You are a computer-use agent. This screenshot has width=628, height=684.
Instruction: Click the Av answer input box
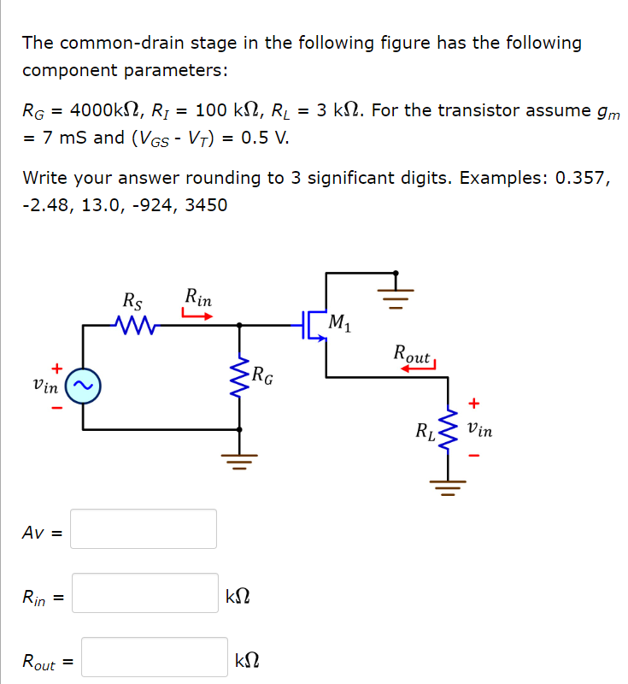[x=144, y=528]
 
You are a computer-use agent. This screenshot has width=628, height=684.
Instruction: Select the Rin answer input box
[x=144, y=593]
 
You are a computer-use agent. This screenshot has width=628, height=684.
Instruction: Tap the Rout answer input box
[x=155, y=657]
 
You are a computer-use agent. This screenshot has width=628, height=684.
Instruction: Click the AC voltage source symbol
[x=84, y=386]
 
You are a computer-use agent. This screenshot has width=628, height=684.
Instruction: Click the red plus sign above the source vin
[x=58, y=368]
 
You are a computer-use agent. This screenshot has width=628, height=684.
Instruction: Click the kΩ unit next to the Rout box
[x=248, y=660]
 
